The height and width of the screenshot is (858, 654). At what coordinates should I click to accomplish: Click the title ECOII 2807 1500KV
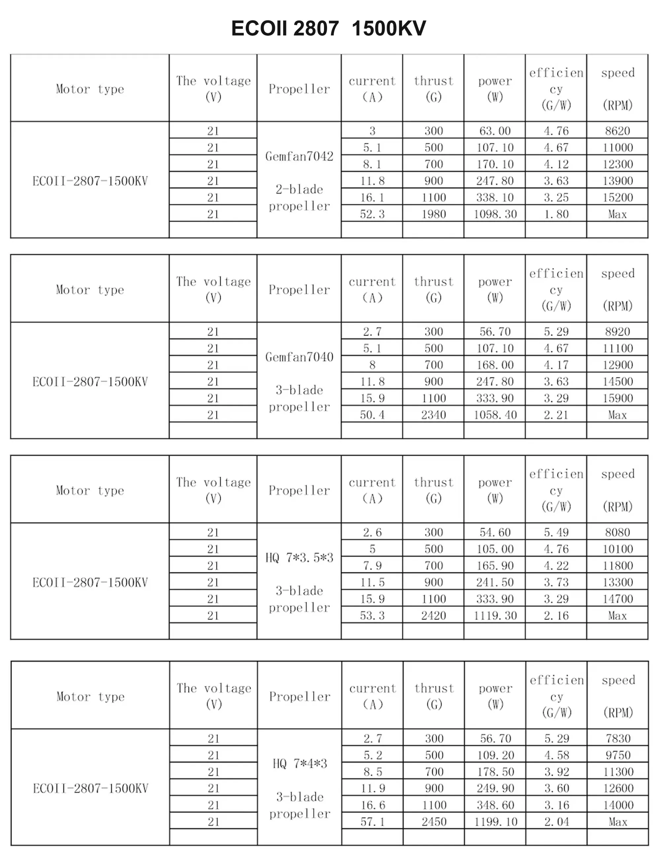[328, 28]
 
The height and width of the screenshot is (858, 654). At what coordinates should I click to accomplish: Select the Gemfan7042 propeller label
[299, 157]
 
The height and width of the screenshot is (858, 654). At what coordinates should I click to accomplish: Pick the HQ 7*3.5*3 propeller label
[299, 558]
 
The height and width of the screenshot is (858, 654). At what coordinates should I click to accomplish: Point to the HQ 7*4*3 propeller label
[299, 763]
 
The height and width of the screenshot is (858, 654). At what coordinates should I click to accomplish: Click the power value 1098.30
[495, 214]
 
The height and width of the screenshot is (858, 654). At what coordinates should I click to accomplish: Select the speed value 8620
[617, 131]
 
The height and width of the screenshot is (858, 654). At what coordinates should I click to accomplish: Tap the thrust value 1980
[433, 214]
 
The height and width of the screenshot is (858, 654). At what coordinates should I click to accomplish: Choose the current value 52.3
[372, 214]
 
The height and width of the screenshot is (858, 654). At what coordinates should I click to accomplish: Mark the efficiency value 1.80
[556, 214]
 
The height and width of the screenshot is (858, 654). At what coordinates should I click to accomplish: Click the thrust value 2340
[433, 415]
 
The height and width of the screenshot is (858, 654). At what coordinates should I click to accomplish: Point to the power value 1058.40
[495, 415]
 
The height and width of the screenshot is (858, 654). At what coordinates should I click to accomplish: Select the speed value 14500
[617, 381]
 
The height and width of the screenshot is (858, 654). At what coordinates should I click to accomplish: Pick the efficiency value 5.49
[556, 532]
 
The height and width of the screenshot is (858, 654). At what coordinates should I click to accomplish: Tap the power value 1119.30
[495, 615]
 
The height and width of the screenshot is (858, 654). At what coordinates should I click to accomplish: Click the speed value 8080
[617, 532]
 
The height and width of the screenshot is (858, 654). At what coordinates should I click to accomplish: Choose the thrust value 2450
[434, 821]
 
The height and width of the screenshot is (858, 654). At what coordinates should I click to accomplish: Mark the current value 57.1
[373, 821]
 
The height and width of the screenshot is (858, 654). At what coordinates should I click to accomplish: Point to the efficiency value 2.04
[557, 821]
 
